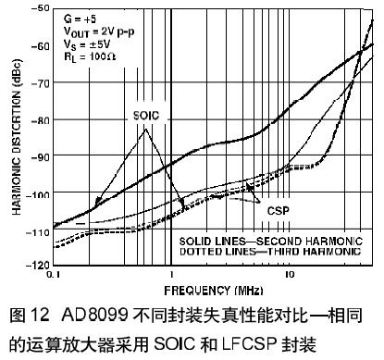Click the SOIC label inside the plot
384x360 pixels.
(146, 116)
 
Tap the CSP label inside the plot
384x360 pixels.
(279, 211)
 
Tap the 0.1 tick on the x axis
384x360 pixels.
(54, 274)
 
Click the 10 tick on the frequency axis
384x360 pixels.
(290, 274)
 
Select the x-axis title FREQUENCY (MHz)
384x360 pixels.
(214, 291)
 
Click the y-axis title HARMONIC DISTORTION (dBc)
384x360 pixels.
(17, 137)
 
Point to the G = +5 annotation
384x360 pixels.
(80, 19)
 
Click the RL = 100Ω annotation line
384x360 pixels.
(90, 56)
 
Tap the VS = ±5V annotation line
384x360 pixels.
(87, 44)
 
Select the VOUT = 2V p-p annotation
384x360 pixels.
(99, 31)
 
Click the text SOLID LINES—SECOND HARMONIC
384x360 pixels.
(271, 242)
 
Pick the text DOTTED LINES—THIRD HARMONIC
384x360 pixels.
(270, 252)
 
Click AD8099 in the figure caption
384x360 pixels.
(94, 315)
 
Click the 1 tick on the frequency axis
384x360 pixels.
(171, 274)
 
